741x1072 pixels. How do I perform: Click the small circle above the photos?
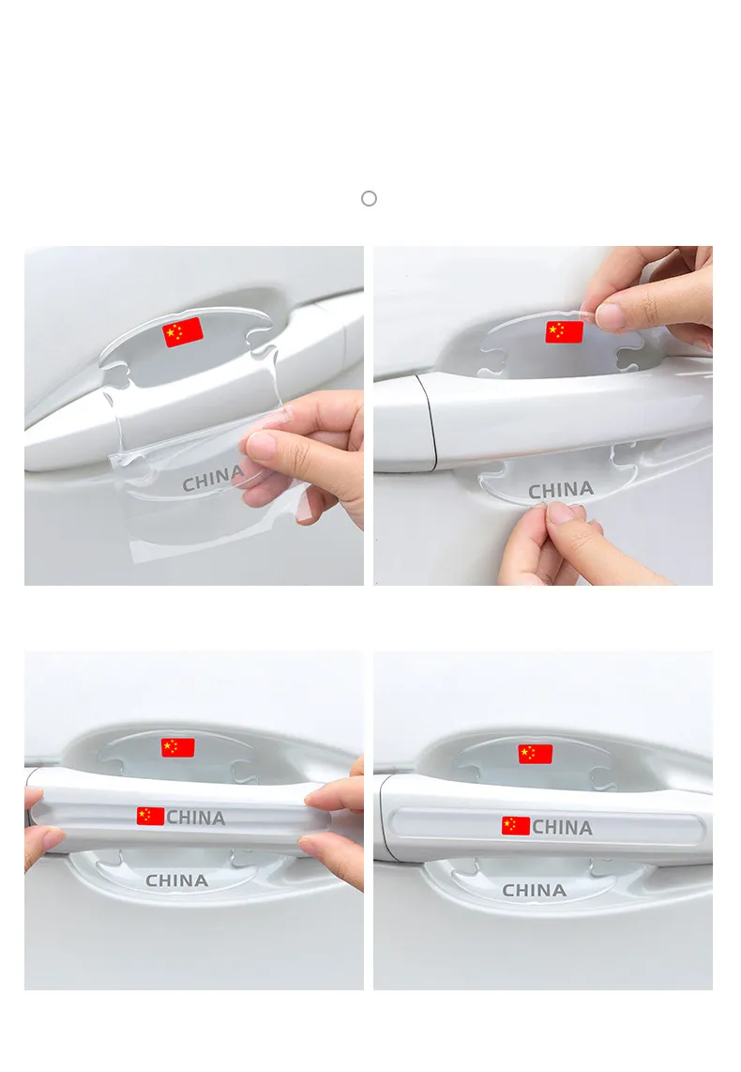click(x=369, y=198)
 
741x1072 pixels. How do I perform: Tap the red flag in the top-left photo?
click(x=183, y=331)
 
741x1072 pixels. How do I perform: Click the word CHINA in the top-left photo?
click(x=213, y=478)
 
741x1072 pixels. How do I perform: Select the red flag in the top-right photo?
click(x=564, y=332)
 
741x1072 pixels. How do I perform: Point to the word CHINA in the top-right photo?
click(x=561, y=490)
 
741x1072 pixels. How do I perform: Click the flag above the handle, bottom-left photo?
click(x=177, y=747)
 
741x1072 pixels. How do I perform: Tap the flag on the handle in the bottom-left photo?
click(x=150, y=817)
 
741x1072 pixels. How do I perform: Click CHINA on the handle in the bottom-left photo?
click(x=195, y=818)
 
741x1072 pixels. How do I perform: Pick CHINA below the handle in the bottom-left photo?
click(x=177, y=881)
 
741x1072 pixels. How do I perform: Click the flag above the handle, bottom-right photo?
click(x=536, y=754)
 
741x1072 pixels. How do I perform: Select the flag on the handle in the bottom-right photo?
click(x=516, y=826)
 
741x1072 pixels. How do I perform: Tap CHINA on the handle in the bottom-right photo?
click(x=562, y=827)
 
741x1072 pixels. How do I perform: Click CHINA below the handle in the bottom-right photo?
click(x=534, y=890)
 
